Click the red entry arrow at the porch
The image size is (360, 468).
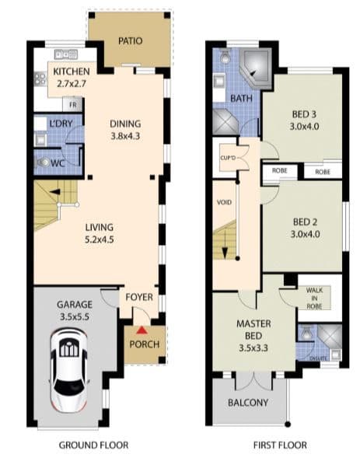tap(142, 330)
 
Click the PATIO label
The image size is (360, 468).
tap(130, 41)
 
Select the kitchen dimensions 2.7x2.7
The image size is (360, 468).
tap(72, 84)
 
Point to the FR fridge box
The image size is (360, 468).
tap(72, 105)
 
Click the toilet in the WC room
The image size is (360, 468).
tap(44, 162)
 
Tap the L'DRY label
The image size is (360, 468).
tap(61, 124)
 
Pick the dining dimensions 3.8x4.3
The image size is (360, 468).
tap(125, 136)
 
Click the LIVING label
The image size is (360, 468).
tap(99, 227)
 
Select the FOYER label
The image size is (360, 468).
tap(139, 297)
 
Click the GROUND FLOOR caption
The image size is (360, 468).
tap(93, 445)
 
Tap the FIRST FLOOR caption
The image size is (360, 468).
tap(280, 445)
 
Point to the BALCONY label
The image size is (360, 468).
tap(248, 403)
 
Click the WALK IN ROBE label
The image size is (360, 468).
tap(314, 299)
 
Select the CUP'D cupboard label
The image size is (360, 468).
tap(228, 158)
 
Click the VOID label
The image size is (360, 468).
tap(224, 202)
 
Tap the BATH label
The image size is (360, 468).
tap(241, 98)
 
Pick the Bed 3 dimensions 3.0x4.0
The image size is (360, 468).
tap(304, 127)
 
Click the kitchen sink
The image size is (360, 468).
tap(66, 54)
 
